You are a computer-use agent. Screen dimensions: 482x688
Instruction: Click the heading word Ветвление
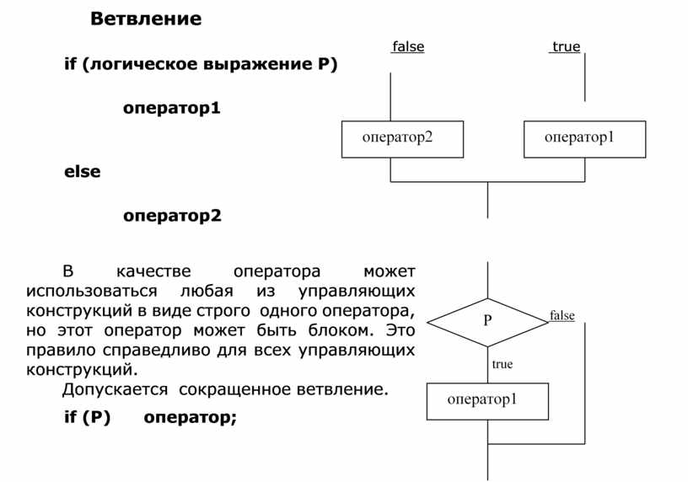(146, 19)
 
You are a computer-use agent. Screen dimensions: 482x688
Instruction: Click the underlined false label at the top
(408, 47)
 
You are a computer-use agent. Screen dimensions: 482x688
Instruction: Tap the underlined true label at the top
(567, 47)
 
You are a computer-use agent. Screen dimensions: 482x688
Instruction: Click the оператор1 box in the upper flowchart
(584, 139)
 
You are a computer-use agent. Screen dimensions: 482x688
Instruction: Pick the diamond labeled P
(487, 321)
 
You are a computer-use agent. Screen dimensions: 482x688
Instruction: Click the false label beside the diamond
(562, 316)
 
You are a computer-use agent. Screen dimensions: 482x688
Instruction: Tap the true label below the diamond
(502, 364)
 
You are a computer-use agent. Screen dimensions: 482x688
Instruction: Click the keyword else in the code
(83, 171)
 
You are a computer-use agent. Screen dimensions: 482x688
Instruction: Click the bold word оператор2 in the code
(172, 216)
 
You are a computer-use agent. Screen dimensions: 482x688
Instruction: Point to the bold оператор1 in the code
(172, 108)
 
